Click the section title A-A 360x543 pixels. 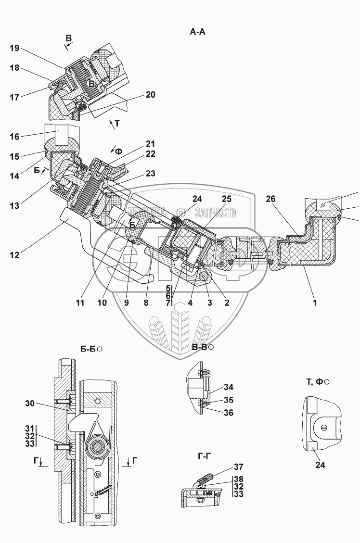197,32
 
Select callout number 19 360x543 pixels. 14,48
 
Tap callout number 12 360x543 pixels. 14,255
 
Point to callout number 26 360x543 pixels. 271,199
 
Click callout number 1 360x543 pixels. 315,303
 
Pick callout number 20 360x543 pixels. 150,95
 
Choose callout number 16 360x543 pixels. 14,137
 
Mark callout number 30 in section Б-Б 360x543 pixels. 30,403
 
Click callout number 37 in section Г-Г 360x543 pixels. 238,467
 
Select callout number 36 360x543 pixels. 228,413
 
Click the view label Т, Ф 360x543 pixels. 315,381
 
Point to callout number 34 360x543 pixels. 228,387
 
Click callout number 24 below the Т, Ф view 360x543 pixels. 320,465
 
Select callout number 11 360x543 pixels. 80,303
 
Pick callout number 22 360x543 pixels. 150,154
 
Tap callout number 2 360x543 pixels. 227,303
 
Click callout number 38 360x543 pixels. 238,480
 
